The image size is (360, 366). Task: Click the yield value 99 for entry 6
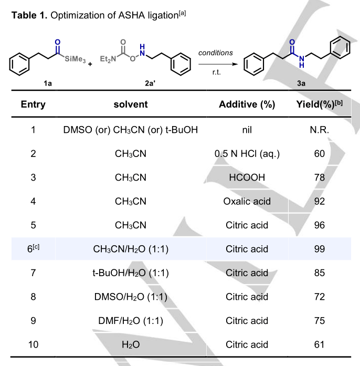[319, 249]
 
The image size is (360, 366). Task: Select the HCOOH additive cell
[247, 178]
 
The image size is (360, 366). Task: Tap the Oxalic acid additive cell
[247, 202]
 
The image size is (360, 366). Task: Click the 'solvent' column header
[131, 104]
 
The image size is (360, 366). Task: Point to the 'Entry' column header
[33, 104]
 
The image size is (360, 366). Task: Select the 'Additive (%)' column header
[247, 104]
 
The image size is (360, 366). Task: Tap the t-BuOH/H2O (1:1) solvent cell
[131, 273]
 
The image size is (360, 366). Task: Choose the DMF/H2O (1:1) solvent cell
[131, 321]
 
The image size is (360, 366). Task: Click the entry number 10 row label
[33, 344]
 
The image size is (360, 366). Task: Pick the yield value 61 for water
[319, 344]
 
